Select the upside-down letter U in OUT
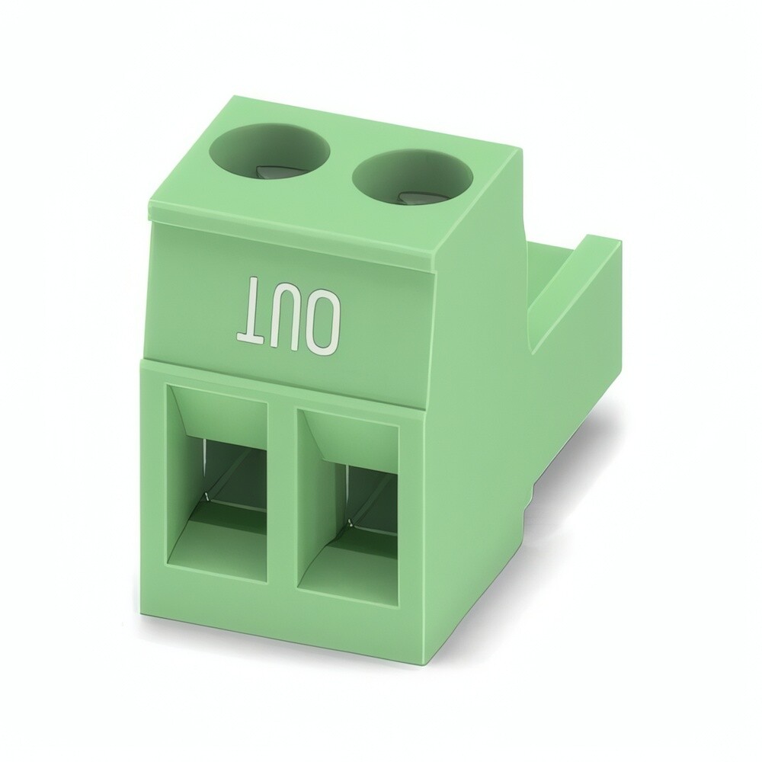pos(285,314)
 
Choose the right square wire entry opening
pos(348,507)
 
